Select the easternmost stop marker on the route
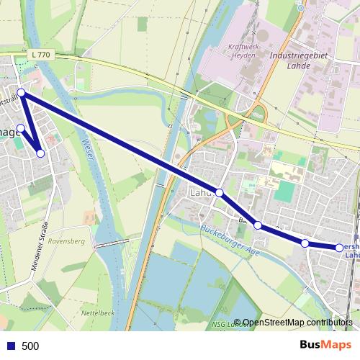340,248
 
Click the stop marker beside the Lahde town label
220,193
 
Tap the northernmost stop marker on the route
22,93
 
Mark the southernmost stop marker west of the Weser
40,153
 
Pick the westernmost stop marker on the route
21,128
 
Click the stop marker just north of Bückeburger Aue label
258,225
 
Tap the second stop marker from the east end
305,243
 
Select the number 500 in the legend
30,346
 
